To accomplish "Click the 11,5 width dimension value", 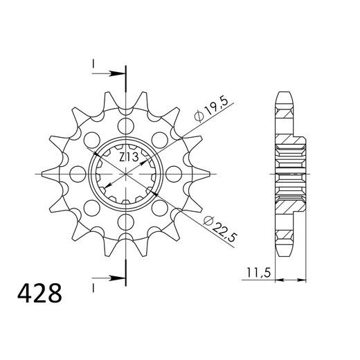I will pos(258,273).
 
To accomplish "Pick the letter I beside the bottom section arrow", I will pos(92,285).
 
